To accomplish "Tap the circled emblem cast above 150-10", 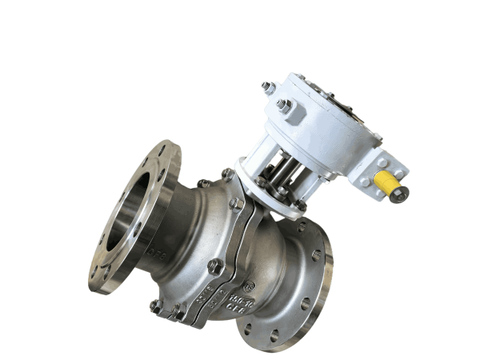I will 250,283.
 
